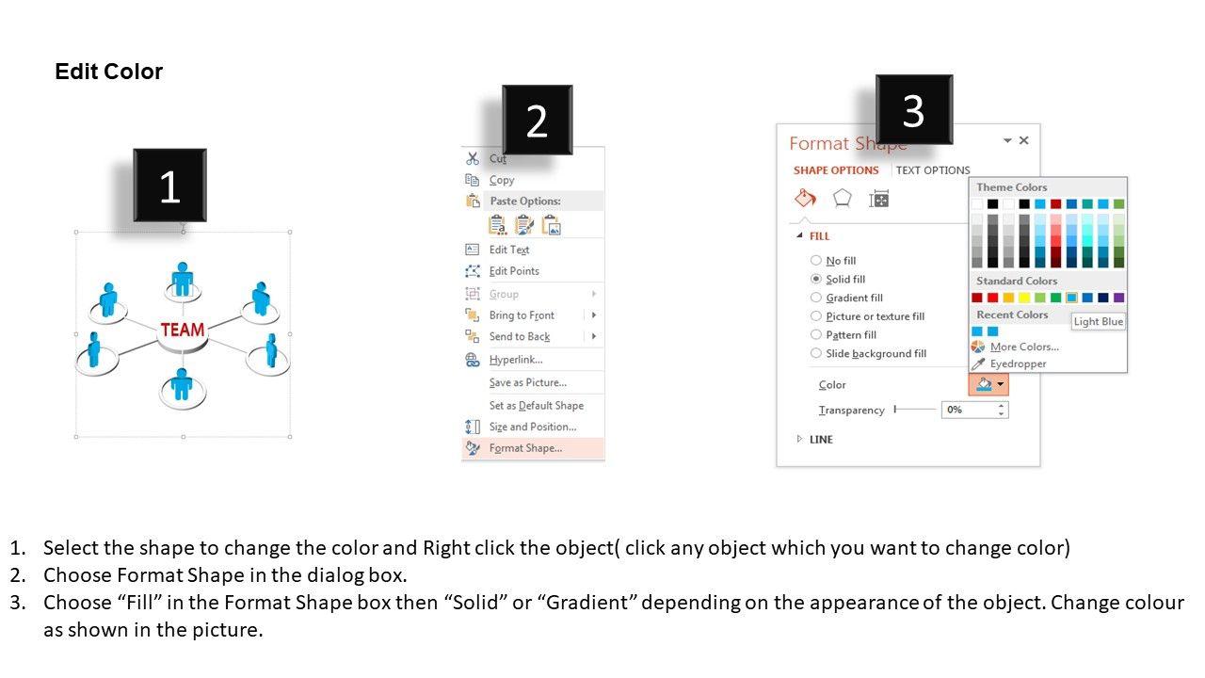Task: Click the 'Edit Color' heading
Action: (x=108, y=72)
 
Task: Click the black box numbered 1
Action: (x=170, y=186)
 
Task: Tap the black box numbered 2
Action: (x=537, y=120)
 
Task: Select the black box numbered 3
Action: (x=914, y=110)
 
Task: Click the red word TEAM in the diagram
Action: (x=183, y=330)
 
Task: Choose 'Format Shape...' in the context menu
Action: (x=525, y=448)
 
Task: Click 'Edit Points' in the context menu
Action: (x=514, y=271)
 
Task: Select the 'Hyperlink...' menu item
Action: (x=516, y=360)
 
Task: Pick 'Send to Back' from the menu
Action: (x=519, y=337)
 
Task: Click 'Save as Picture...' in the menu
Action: (x=528, y=382)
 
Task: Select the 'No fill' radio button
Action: (x=816, y=261)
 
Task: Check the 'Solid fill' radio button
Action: (x=816, y=279)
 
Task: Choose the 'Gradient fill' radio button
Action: (x=816, y=298)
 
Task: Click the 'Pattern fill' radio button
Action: (x=816, y=334)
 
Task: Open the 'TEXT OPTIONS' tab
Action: (x=933, y=170)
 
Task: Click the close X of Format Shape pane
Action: (x=1023, y=140)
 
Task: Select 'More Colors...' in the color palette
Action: (x=1024, y=347)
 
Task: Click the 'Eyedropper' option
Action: (x=1018, y=363)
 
